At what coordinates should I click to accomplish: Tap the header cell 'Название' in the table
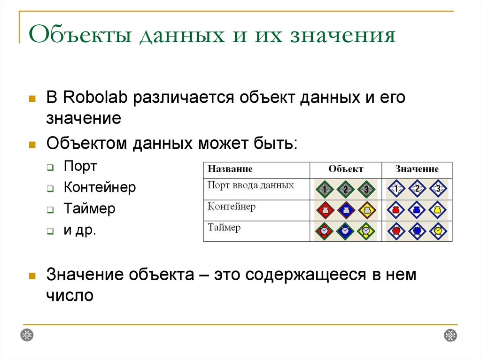[x=230, y=169]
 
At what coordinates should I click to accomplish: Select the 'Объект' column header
[x=346, y=169]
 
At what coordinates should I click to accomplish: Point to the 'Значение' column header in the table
[x=417, y=169]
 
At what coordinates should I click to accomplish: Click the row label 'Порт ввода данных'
[x=251, y=185]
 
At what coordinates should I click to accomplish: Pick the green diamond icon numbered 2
[x=345, y=190]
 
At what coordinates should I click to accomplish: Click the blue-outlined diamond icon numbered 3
[x=437, y=190]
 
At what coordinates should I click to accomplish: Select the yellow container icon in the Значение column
[x=437, y=210]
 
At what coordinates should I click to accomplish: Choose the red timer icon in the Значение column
[x=396, y=231]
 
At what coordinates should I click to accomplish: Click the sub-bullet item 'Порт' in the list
[x=80, y=167]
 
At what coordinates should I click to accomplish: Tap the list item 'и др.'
[x=80, y=230]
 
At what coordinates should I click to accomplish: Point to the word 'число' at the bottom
[x=70, y=296]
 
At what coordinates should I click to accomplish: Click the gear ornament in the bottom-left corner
[x=27, y=335]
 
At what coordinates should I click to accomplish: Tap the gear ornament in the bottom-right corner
[x=450, y=335]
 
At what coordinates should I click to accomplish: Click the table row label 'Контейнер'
[x=232, y=207]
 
